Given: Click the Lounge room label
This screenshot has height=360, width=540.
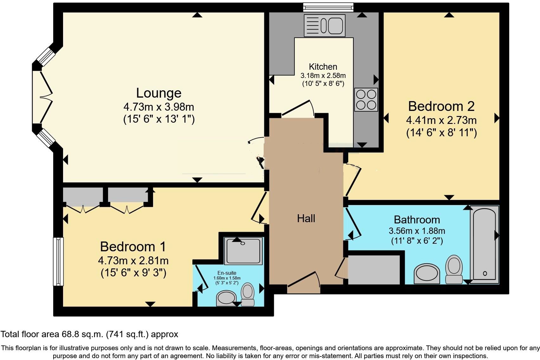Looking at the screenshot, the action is click(x=159, y=93).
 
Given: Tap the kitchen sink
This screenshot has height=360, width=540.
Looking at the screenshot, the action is click(x=325, y=26).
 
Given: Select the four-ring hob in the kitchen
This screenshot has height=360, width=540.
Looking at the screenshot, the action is click(x=366, y=100).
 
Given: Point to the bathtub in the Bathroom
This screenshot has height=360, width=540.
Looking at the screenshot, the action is click(x=485, y=245).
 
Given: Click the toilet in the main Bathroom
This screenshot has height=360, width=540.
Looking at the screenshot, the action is click(x=454, y=269).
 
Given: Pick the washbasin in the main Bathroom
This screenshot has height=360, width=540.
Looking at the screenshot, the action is click(x=427, y=274).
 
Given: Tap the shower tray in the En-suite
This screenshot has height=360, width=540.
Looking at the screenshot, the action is click(x=243, y=251).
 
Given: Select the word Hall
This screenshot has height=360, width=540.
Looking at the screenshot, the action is click(x=306, y=218).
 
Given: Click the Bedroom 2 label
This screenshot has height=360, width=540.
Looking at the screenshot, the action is click(x=441, y=106).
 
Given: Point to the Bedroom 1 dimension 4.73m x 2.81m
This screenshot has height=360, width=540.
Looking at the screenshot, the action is click(x=133, y=261).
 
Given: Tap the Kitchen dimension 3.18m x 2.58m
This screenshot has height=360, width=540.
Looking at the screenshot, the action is click(x=323, y=76).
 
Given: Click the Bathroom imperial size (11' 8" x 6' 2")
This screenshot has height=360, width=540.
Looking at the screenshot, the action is click(x=417, y=241).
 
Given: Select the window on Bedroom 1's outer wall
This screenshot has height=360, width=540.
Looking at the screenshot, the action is click(x=58, y=262).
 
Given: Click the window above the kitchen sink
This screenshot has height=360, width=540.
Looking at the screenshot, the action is click(x=328, y=7).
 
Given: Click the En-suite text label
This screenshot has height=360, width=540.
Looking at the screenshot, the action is click(x=227, y=273).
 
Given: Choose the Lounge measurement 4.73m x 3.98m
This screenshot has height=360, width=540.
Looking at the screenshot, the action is click(x=159, y=106).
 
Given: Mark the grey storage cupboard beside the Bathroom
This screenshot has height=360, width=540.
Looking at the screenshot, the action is click(x=374, y=270).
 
